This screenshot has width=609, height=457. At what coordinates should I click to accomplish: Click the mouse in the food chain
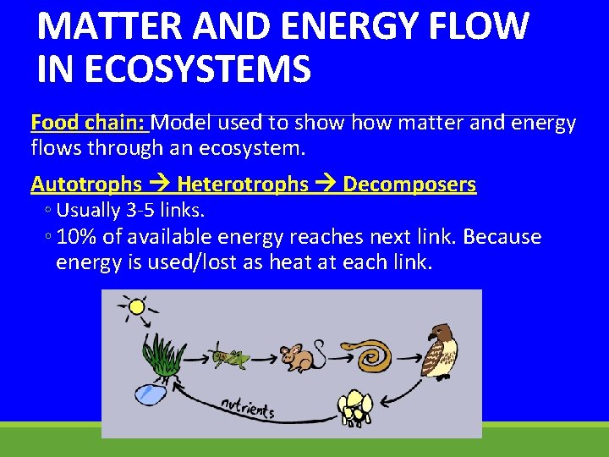[301, 357]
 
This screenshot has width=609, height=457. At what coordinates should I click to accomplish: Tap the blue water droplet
[153, 394]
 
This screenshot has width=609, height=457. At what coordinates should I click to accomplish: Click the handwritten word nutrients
[248, 407]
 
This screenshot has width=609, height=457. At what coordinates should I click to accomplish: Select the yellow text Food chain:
[90, 124]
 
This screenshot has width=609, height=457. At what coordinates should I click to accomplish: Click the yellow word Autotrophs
[86, 184]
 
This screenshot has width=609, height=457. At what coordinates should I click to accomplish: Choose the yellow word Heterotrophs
[243, 184]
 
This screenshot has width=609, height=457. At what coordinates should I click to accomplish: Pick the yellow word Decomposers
[409, 184]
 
